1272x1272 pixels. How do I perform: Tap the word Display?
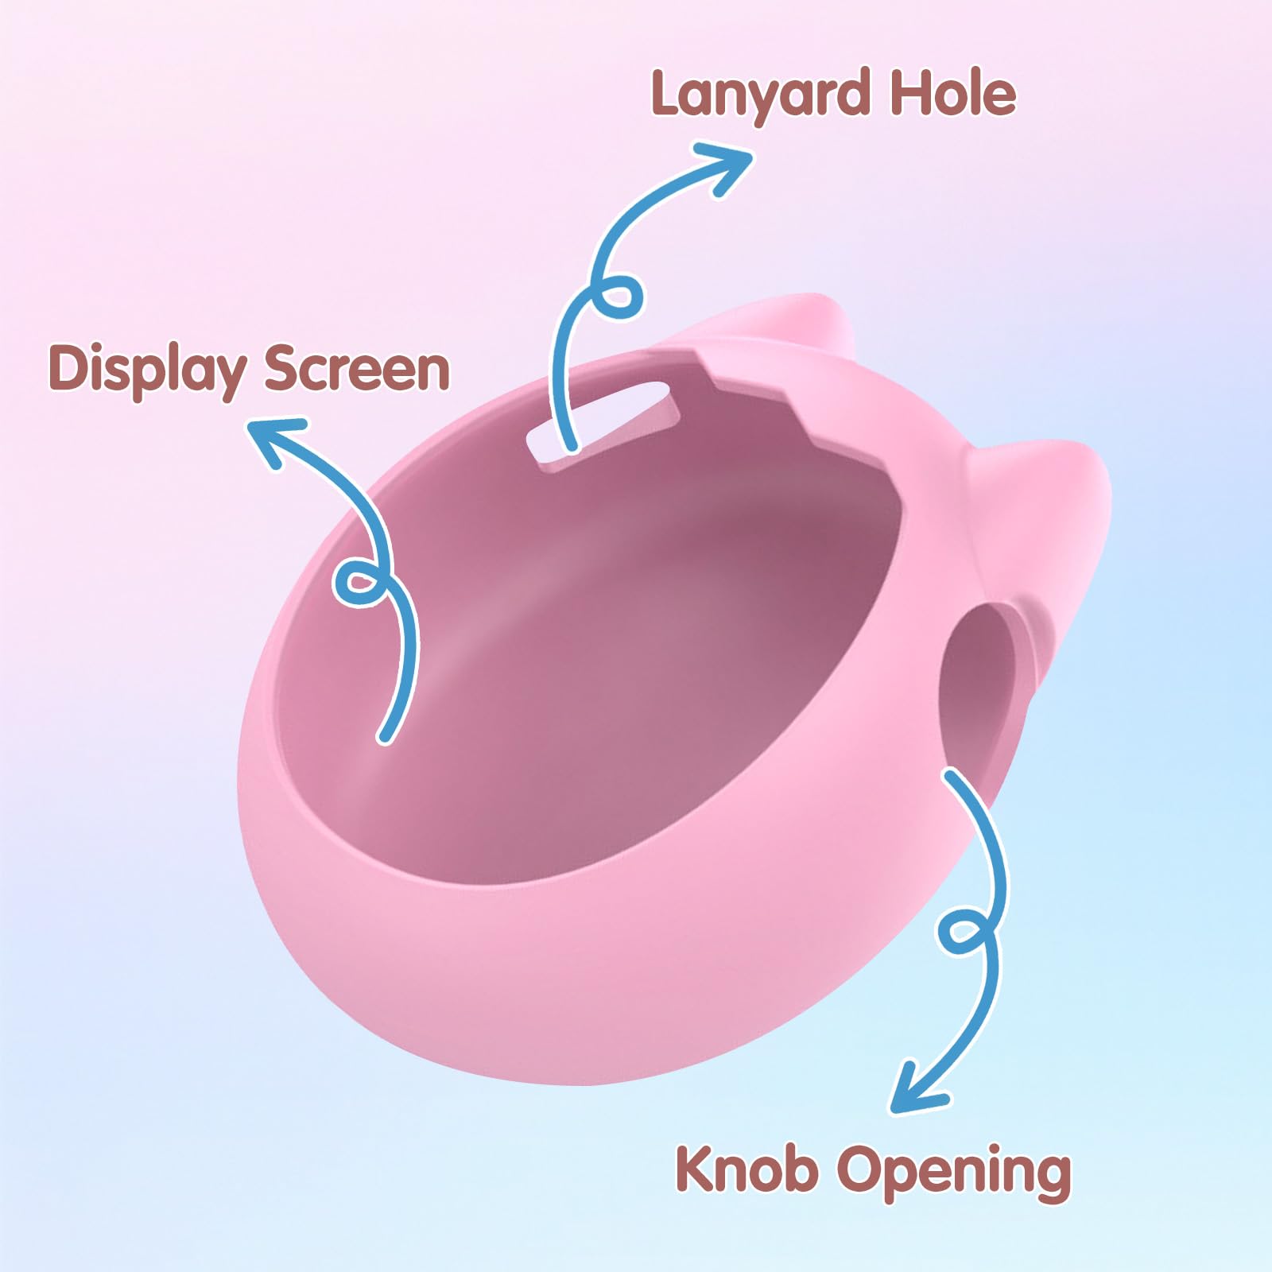(x=145, y=370)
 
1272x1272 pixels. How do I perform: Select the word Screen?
(x=357, y=369)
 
